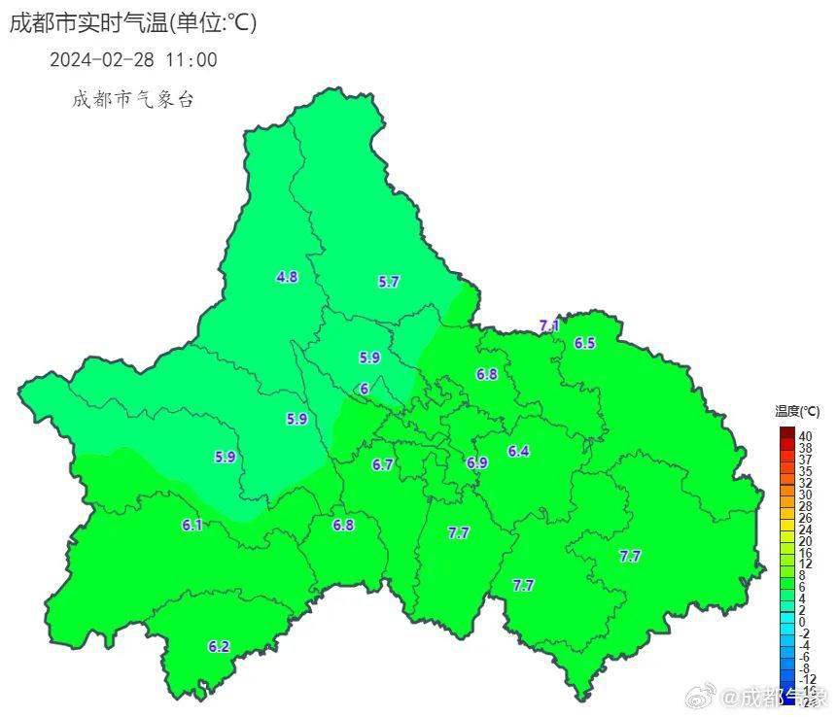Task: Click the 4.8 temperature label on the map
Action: click(x=287, y=277)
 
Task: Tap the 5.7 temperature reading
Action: click(x=389, y=282)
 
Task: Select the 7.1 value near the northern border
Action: click(x=549, y=325)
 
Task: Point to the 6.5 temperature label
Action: click(x=584, y=343)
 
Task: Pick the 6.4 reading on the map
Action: click(x=518, y=451)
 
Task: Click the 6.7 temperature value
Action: click(x=383, y=465)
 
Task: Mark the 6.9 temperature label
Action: click(x=476, y=463)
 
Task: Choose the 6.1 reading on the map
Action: click(x=192, y=526)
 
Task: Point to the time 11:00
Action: click(x=192, y=60)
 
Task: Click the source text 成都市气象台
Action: click(x=133, y=99)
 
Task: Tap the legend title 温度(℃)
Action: click(x=797, y=412)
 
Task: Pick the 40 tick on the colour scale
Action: click(x=805, y=436)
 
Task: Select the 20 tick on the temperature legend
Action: click(x=805, y=541)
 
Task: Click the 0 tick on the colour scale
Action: click(x=802, y=622)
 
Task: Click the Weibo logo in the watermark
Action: click(x=702, y=696)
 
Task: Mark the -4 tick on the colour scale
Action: click(x=804, y=645)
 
